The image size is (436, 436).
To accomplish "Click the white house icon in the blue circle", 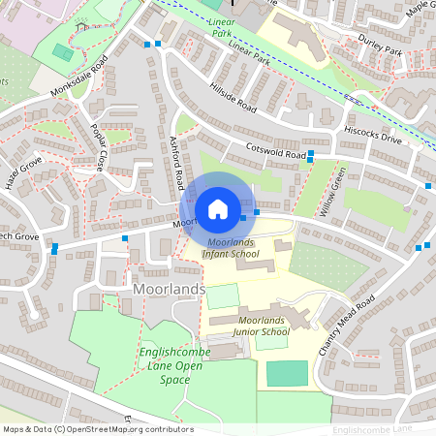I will (218, 208).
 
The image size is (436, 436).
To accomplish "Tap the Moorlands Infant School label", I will (231, 247).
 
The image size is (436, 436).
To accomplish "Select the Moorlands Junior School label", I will (248, 326).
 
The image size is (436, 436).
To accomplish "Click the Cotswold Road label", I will (276, 152).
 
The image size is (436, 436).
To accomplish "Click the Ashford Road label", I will (177, 163).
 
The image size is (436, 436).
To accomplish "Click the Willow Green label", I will (335, 194).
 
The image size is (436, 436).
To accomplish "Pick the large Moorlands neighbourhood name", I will (169, 290).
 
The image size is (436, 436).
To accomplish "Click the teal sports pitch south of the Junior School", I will (286, 373).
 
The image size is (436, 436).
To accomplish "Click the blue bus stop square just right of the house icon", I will (257, 211).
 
